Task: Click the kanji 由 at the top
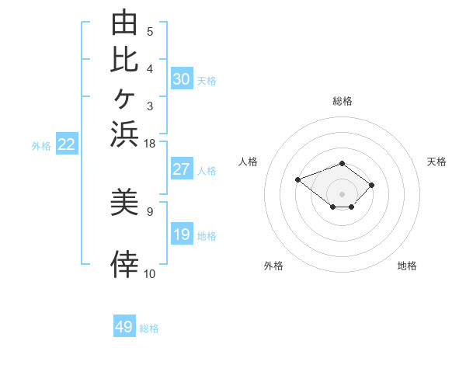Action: (124, 22)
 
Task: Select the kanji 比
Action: (124, 60)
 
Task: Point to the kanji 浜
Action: (124, 134)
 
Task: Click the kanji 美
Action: (124, 201)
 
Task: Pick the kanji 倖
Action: (124, 264)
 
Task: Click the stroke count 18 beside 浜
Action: (149, 144)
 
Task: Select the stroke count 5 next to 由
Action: (150, 32)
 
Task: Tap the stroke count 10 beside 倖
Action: (149, 274)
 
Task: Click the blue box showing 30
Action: (182, 78)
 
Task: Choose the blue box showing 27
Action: (182, 169)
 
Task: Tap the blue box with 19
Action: (182, 233)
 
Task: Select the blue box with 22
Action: (67, 143)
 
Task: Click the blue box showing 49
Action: (124, 325)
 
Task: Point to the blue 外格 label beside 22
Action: (41, 146)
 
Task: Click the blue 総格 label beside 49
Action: (149, 328)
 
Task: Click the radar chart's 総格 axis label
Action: (343, 101)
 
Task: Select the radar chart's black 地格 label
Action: (407, 266)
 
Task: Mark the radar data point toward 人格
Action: (297, 179)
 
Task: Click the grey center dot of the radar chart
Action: (342, 194)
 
